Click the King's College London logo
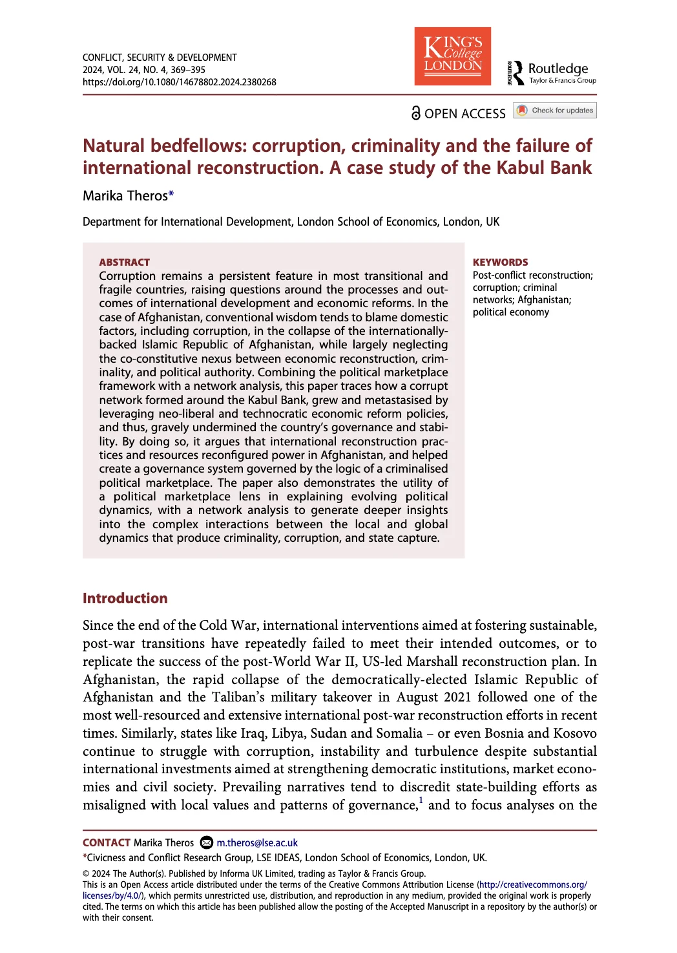[452, 56]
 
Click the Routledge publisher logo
[552, 72]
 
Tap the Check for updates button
[555, 111]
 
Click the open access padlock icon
[416, 113]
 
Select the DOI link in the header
[179, 82]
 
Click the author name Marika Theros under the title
[125, 196]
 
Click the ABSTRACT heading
[124, 262]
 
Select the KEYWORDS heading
[500, 262]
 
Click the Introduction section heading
[125, 598]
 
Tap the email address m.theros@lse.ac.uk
[257, 842]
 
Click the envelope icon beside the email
[207, 842]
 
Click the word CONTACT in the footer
[107, 842]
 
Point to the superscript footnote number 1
[421, 800]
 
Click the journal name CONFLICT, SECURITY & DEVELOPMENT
[160, 58]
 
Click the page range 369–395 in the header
[188, 70]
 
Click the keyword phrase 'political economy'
[510, 312]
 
